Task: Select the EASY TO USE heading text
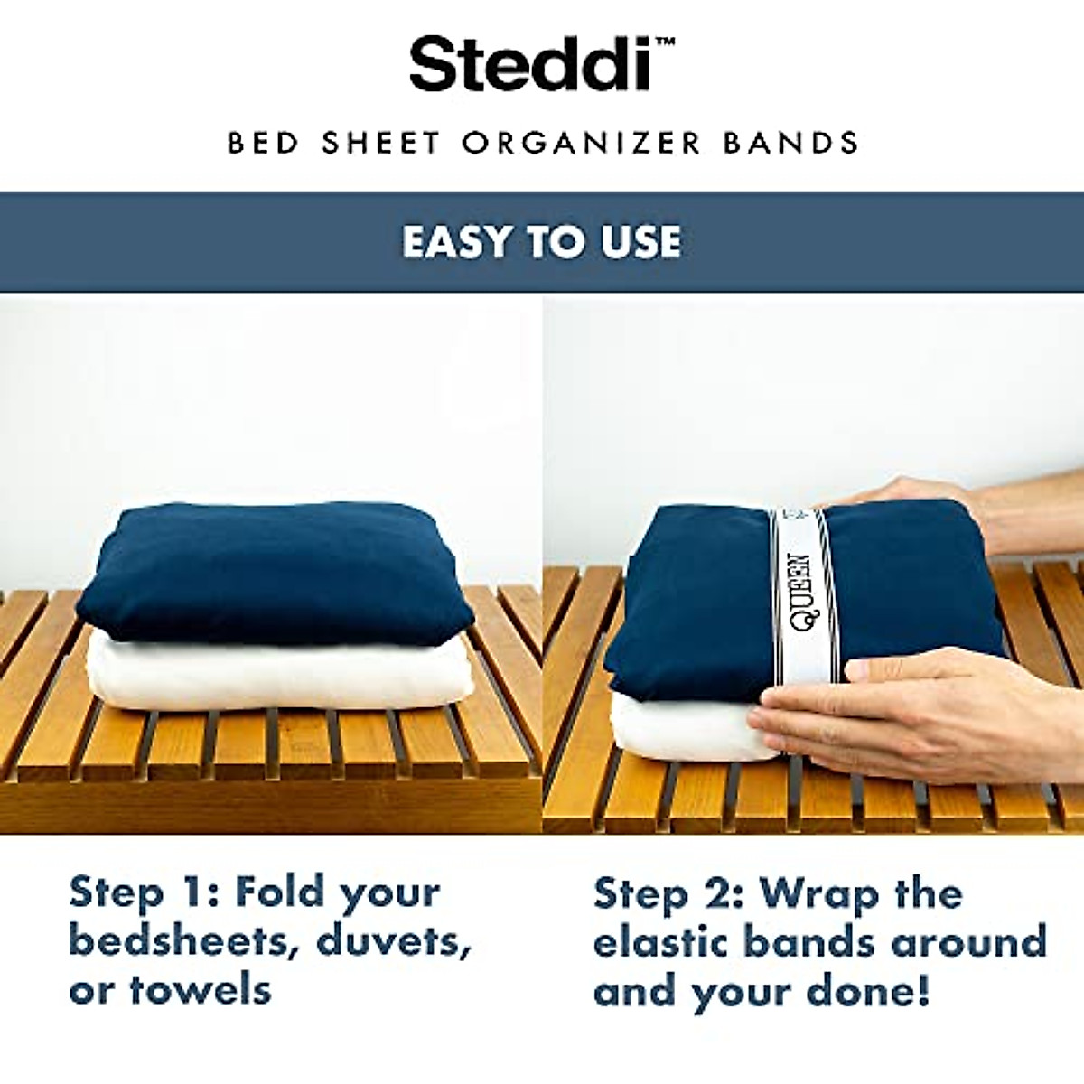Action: click(x=542, y=242)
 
